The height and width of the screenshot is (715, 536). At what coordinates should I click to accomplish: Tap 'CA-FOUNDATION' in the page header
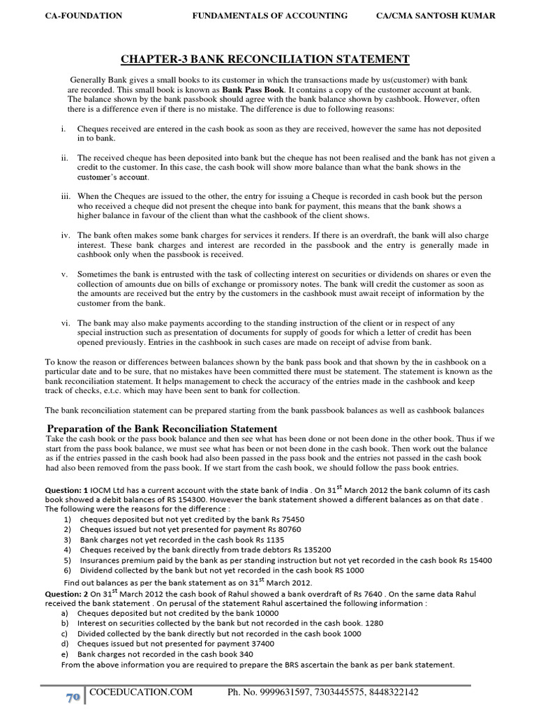coord(73,15)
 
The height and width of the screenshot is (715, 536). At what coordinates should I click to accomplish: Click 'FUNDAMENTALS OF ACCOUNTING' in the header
coord(269,15)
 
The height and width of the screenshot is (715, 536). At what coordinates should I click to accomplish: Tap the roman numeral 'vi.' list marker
coord(64,323)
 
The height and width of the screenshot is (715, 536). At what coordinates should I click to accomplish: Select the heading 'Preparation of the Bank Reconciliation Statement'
coord(161,428)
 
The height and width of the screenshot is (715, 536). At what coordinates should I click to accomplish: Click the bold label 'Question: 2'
coord(67,593)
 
